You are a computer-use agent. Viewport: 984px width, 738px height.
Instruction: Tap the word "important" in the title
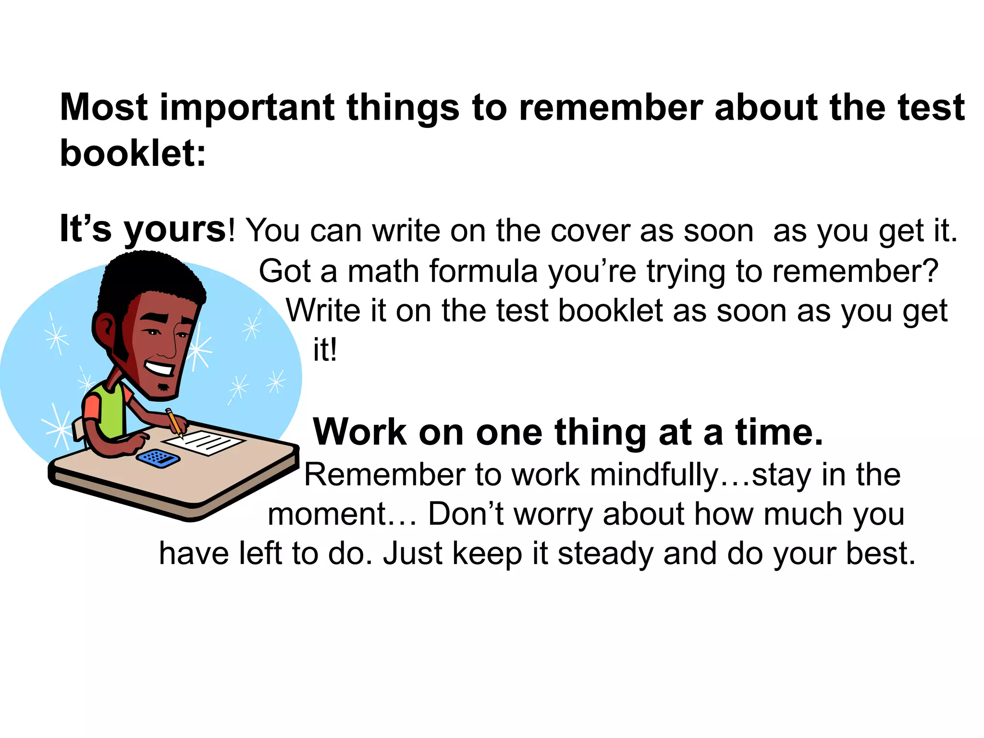[x=247, y=108]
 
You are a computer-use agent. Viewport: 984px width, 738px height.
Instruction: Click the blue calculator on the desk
[x=158, y=457]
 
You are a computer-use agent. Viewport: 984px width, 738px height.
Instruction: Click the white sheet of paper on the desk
[x=204, y=442]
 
